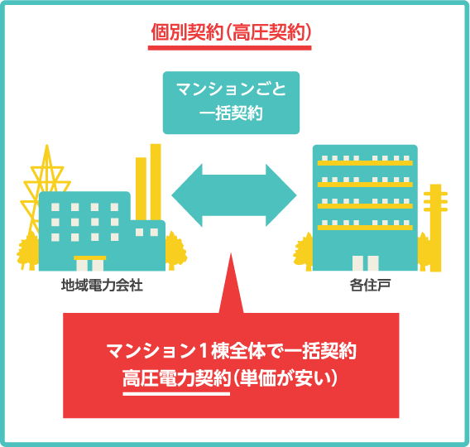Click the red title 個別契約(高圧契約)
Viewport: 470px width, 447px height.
(x=231, y=32)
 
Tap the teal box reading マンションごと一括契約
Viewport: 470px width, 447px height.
(x=231, y=103)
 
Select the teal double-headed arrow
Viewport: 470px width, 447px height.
(x=234, y=195)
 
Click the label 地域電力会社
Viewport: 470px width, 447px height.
(x=102, y=285)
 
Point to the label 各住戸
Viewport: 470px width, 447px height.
(x=370, y=285)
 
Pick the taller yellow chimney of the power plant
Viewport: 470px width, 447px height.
(x=156, y=182)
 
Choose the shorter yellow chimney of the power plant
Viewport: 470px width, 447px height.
(x=141, y=189)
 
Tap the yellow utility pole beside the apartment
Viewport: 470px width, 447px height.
(x=435, y=228)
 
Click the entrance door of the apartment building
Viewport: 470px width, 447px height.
(x=366, y=263)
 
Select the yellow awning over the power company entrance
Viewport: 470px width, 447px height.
(x=90, y=257)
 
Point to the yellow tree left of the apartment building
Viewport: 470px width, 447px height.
(x=305, y=252)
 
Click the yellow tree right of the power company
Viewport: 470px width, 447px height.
(x=175, y=251)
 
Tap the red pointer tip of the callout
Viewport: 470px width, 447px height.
(x=231, y=253)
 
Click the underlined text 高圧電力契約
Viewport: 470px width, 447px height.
(x=176, y=379)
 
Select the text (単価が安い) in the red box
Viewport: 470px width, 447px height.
(x=285, y=379)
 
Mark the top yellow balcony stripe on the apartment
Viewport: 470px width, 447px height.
(x=365, y=163)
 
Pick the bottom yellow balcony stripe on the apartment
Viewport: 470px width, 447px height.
(x=365, y=228)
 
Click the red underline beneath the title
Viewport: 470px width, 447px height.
(x=230, y=48)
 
